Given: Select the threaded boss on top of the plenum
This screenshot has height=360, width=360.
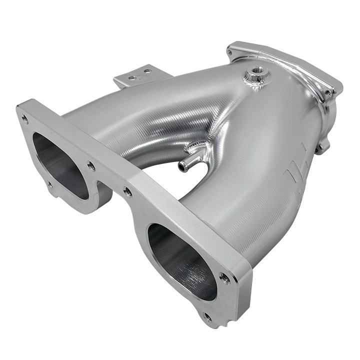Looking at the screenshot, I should click(x=257, y=76).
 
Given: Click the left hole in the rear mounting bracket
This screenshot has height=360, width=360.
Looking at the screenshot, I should click(x=131, y=78).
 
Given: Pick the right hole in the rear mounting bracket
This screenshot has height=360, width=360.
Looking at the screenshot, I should click(x=147, y=71).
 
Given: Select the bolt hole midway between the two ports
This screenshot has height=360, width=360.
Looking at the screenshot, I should click(x=128, y=191).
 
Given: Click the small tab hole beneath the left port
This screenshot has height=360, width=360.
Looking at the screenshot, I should click(x=50, y=183).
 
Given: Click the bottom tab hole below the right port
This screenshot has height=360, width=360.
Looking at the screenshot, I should click(x=207, y=316).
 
